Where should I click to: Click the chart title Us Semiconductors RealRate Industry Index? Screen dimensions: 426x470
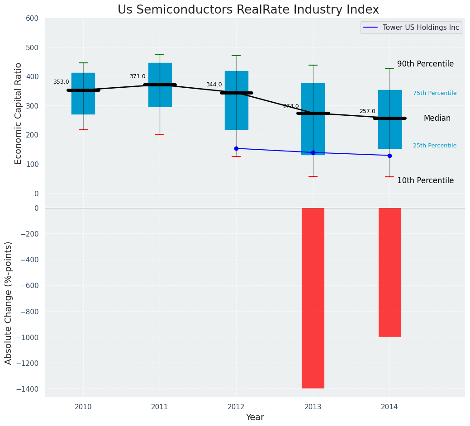(248, 10)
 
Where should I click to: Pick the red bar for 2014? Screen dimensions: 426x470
(389, 272)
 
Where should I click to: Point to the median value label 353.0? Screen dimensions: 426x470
(61, 82)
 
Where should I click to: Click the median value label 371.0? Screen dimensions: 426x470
(138, 77)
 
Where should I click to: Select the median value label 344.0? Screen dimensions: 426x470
(214, 85)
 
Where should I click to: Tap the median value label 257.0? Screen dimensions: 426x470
(367, 111)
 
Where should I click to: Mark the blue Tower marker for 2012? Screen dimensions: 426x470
(236, 148)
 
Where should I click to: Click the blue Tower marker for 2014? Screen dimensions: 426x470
(389, 156)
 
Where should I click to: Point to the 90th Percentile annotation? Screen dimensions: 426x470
(425, 64)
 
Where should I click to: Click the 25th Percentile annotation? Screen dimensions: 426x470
(435, 146)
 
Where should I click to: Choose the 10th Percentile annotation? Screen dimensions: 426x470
(425, 181)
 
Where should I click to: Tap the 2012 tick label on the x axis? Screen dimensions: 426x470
(236, 407)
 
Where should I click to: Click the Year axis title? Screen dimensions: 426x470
(255, 417)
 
